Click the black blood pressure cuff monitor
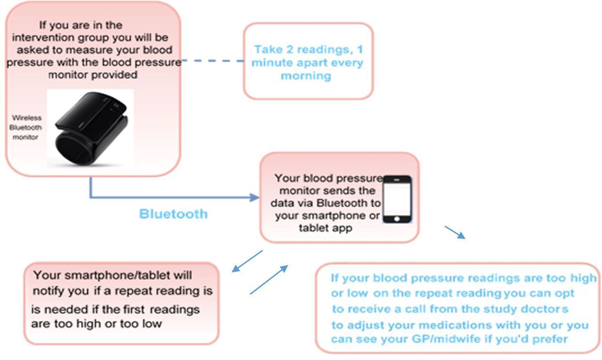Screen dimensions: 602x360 (x=91, y=129)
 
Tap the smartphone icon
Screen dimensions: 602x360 (x=397, y=199)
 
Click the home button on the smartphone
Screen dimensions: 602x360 (x=397, y=219)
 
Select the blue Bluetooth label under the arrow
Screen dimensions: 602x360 (x=174, y=214)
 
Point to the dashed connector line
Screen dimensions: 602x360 (x=213, y=61)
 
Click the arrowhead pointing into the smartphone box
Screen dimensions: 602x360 (x=254, y=198)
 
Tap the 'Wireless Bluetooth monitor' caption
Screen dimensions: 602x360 (x=26, y=128)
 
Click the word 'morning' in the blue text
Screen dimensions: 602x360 (x=306, y=76)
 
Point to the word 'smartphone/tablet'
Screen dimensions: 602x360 (x=117, y=276)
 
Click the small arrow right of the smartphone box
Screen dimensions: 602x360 (x=455, y=232)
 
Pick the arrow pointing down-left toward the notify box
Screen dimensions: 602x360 (x=247, y=261)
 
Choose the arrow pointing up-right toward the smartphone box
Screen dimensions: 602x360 (x=269, y=280)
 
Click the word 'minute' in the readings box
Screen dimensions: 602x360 (x=272, y=63)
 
